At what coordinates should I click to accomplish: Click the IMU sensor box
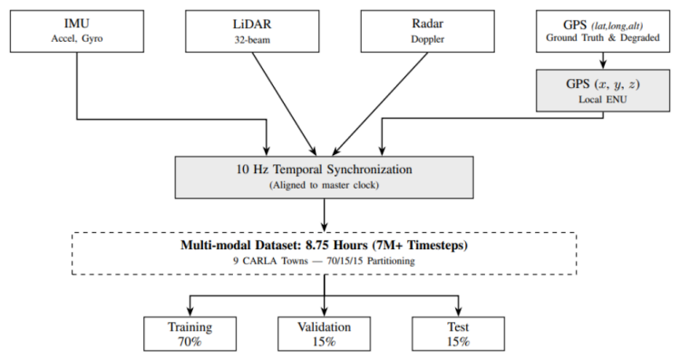coord(77,31)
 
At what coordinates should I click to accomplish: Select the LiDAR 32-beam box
coord(252,31)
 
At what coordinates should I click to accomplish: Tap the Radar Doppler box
coord(428,31)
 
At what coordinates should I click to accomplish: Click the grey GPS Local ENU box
coord(603,91)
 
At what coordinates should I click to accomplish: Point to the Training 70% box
coord(190,334)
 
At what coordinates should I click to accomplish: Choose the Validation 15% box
coord(324,334)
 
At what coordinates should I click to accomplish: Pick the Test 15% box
coord(458,334)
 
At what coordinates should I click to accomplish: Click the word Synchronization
coord(369,170)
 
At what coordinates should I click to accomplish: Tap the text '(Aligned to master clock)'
coord(324,185)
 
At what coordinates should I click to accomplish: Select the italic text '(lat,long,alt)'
coord(617,26)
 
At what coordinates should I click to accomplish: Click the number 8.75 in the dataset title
coord(318,246)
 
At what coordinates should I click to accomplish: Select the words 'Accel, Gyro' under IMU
coord(77,39)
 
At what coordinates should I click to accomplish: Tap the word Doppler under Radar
coord(428,39)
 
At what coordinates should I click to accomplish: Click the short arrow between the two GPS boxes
coord(603,61)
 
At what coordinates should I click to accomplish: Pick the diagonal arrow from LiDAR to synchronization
coord(285,104)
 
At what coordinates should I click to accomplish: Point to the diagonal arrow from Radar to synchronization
coord(380,104)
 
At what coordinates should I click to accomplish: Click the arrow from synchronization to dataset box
coord(324,216)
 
